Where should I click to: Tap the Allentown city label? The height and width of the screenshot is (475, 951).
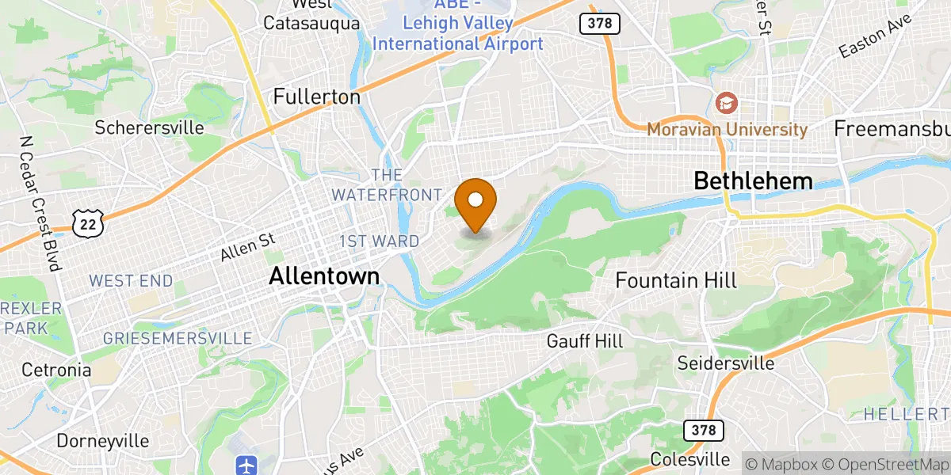coord(324,276)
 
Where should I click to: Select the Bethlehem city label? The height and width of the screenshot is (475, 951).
coord(753,180)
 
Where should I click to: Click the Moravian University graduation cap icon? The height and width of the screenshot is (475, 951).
coord(725,103)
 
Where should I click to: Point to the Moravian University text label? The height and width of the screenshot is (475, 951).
coord(727,129)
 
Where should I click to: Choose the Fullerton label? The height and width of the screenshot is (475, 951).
coord(316,97)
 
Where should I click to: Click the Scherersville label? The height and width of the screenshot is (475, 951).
coord(149,127)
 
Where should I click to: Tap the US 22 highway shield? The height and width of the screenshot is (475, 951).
coord(85,225)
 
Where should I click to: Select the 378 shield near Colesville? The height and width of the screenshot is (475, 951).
coord(702,431)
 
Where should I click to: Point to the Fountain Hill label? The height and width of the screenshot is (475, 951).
coord(676,280)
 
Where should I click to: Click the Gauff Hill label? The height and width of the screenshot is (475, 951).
coord(585,341)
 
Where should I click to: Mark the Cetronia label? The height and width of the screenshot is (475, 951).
coord(56,370)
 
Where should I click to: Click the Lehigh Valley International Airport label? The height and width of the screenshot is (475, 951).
coord(457,34)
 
